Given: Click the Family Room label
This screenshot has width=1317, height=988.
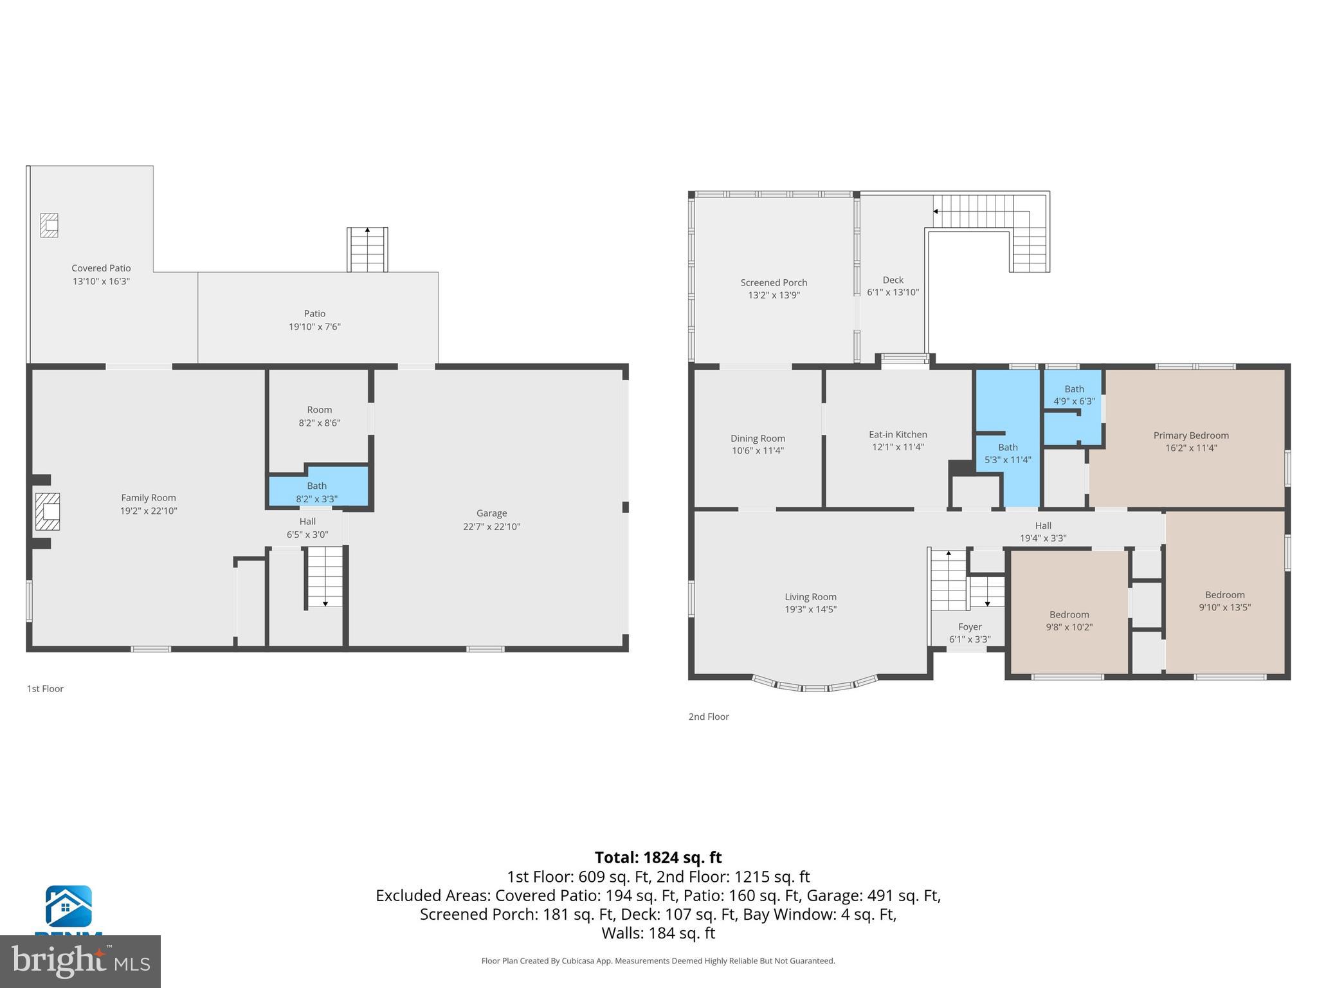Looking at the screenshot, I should click(x=148, y=498).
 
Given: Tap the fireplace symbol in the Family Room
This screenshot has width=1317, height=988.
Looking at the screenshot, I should click(x=48, y=511).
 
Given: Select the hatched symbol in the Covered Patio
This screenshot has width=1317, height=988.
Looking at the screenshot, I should click(x=50, y=225).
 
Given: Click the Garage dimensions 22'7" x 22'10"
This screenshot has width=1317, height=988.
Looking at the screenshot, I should click(x=491, y=527).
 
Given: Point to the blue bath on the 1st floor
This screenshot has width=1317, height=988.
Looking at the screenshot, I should click(x=318, y=491).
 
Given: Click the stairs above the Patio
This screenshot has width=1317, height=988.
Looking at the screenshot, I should click(x=367, y=250).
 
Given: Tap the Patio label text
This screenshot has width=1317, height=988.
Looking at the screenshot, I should click(x=314, y=314).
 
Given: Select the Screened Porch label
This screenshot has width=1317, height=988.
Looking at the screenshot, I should click(x=774, y=282).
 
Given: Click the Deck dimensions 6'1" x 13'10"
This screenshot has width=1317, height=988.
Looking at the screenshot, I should click(x=893, y=293).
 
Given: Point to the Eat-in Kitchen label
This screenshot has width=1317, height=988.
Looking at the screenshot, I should click(x=898, y=435).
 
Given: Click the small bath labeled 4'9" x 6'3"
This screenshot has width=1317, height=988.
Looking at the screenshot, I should click(x=1073, y=395).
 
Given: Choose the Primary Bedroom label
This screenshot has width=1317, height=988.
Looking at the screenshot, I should click(x=1190, y=435).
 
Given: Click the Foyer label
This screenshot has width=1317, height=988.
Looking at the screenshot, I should click(x=970, y=627).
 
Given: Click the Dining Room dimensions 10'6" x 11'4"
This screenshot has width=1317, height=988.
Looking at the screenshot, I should click(x=758, y=451).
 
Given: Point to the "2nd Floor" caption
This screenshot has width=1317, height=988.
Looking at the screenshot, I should click(x=709, y=717).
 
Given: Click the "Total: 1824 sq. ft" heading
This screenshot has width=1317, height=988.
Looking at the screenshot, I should click(x=658, y=857).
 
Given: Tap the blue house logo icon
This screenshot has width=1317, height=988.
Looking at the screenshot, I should click(x=68, y=906).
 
